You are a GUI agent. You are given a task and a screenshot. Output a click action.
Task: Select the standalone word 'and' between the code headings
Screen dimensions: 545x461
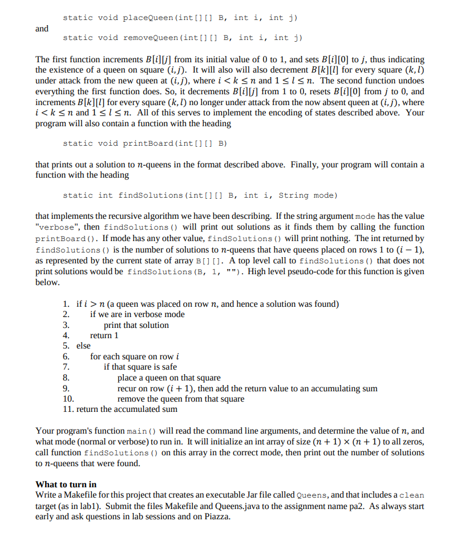[42, 28]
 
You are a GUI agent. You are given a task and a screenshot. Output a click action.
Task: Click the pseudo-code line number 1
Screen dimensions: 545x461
[66, 304]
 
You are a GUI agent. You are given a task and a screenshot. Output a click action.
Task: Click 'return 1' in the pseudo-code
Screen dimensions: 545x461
[104, 335]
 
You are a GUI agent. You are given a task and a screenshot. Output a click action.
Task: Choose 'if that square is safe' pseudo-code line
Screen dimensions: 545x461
[140, 367]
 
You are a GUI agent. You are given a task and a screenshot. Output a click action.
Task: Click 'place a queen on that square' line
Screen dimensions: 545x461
[169, 378]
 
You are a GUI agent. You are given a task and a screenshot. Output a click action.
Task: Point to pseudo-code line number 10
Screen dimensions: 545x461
[68, 399]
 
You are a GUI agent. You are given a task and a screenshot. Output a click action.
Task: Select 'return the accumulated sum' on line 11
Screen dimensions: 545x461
[126, 409]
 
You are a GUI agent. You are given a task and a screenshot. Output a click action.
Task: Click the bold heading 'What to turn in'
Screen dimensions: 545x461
[66, 484]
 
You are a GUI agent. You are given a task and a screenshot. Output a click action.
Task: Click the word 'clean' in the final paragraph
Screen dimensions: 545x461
[411, 495]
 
